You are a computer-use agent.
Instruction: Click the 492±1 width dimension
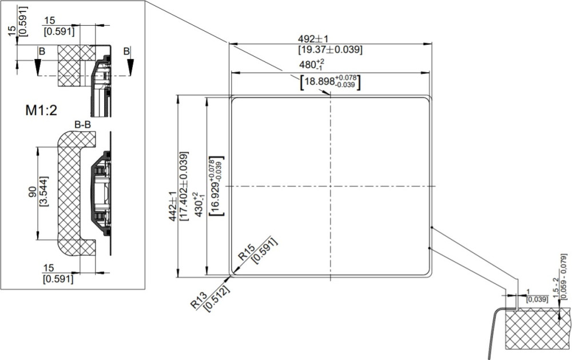(313, 39)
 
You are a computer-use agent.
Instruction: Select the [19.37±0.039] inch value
(331, 49)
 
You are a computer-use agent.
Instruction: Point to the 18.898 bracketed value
(330, 82)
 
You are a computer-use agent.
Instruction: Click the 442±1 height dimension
(173, 206)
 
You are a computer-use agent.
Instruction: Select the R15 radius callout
(246, 252)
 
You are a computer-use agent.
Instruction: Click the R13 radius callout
(199, 300)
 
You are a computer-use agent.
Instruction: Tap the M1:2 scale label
(41, 110)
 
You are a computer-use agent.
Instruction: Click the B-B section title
(83, 125)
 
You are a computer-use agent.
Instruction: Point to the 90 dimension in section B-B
(33, 192)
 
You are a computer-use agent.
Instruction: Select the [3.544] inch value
(43, 192)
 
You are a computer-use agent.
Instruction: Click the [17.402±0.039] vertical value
(184, 186)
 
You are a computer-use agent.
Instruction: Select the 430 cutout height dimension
(198, 204)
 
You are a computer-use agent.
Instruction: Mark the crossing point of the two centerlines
(331, 186)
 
